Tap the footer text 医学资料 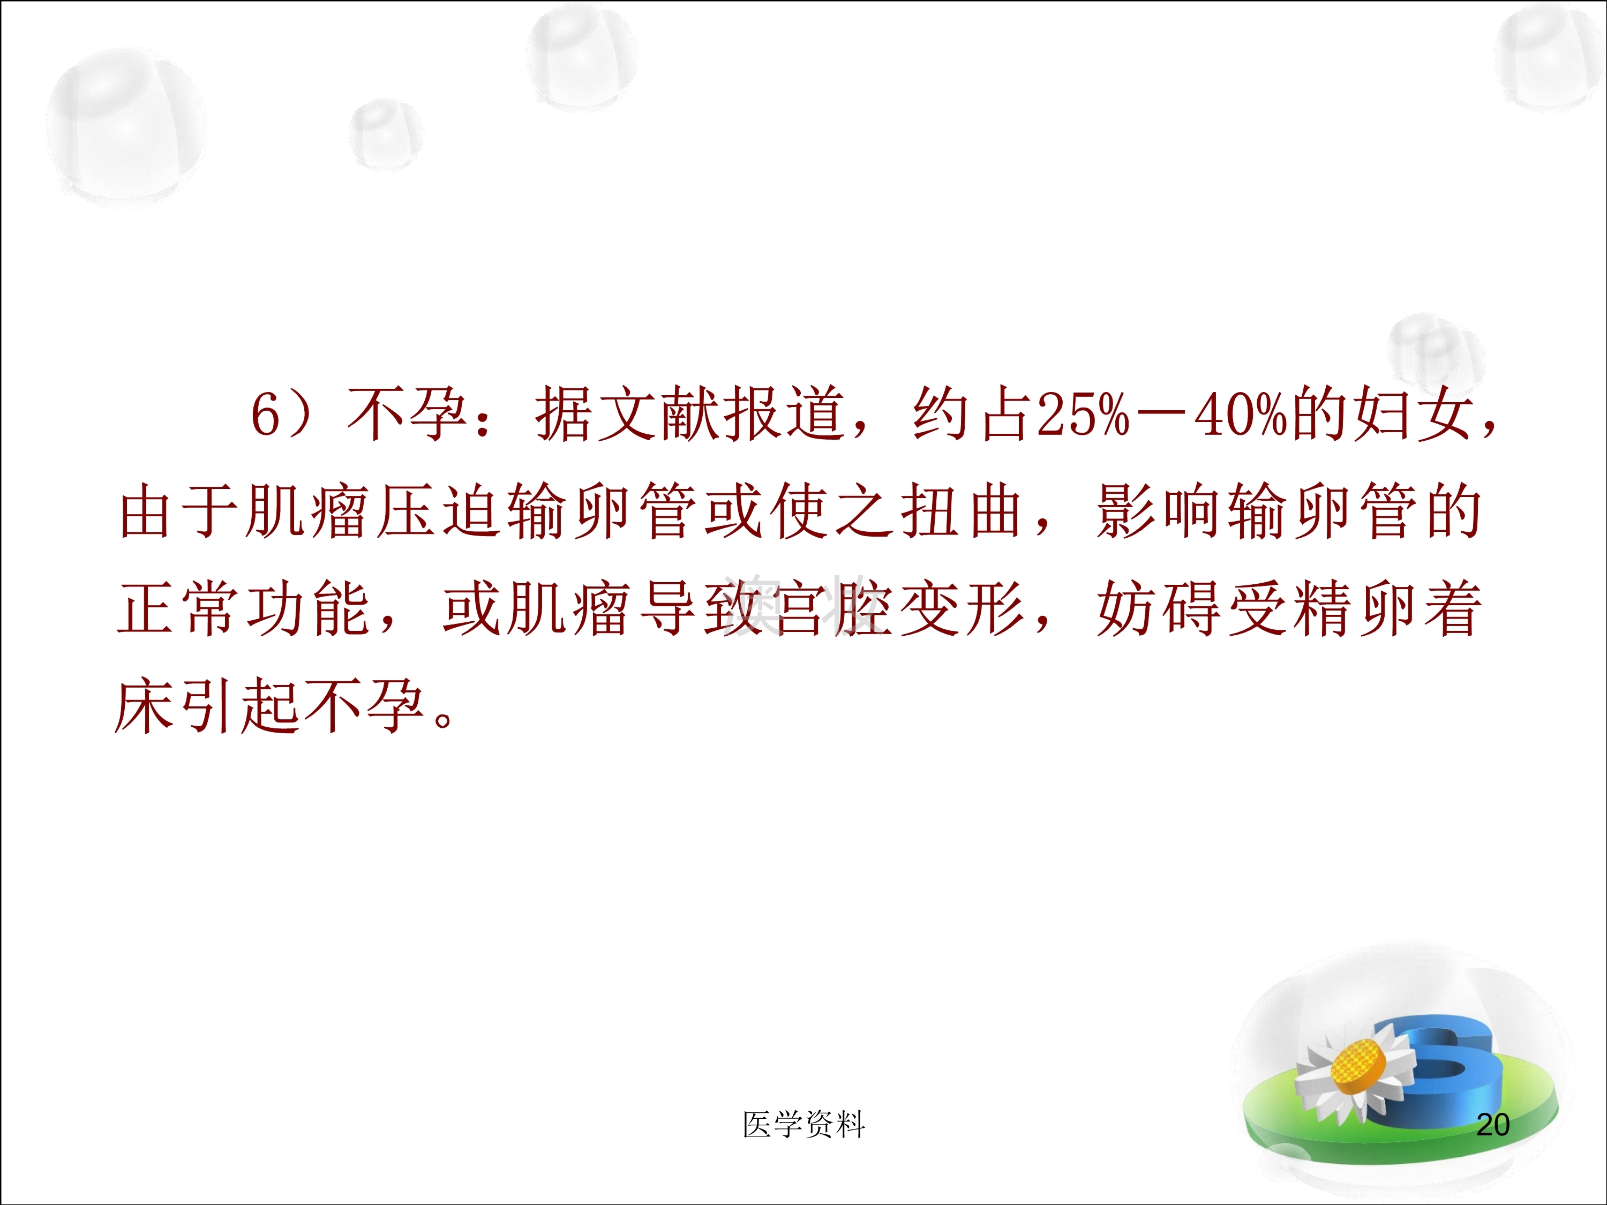(x=803, y=1124)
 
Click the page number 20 (x=1493, y=1124)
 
